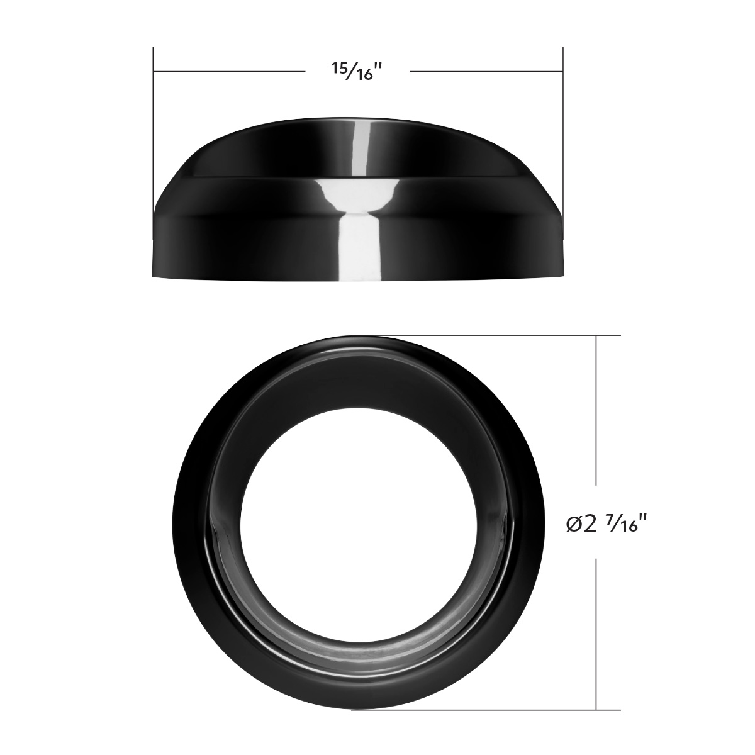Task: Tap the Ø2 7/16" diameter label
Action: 607,523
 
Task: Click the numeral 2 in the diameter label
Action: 590,523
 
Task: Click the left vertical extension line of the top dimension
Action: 154,126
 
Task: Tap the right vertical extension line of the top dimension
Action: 563,126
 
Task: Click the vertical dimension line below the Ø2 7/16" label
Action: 596,635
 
